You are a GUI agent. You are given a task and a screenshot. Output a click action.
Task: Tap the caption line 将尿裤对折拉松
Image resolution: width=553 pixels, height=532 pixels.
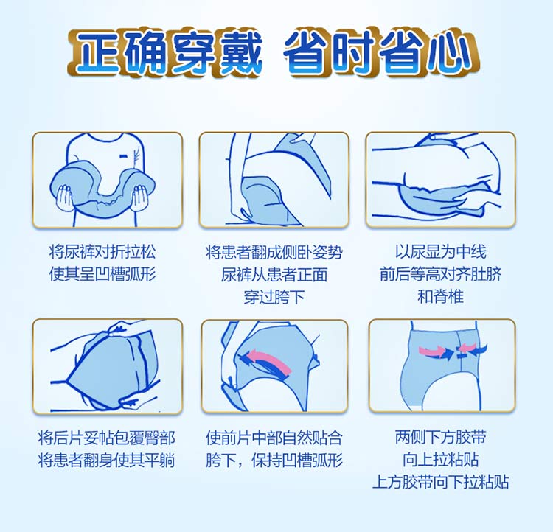pos(102,252)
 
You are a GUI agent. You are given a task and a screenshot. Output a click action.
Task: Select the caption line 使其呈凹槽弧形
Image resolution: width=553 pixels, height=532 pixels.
pos(102,274)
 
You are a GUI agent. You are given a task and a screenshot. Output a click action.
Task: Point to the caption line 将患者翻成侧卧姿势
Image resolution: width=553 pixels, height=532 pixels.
pos(274,252)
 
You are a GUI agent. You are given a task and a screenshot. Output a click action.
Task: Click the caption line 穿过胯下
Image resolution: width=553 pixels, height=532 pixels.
pos(274,296)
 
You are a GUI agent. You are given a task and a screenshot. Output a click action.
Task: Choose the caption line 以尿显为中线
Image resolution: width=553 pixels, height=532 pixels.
pos(441,252)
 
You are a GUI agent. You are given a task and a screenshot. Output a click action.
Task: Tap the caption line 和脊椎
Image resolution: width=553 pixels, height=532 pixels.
pos(441,296)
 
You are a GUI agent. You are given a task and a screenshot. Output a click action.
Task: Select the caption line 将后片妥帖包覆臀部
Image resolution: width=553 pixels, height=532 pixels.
pos(106,438)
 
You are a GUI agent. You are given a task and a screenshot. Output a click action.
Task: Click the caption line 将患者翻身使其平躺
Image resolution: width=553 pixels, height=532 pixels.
pos(106,461)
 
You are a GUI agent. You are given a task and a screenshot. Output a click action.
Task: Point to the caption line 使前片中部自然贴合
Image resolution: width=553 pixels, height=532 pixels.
pos(274,438)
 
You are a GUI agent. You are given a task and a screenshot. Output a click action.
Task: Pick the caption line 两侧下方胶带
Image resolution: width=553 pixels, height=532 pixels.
pos(441,438)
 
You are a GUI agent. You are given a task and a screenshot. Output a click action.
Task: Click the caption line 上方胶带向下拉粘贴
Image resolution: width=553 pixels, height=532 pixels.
pos(441,482)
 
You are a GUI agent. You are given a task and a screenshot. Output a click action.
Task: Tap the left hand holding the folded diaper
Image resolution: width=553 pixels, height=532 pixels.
pos(65,198)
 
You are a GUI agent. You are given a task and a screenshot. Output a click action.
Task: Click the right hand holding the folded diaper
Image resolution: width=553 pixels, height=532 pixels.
pos(139,198)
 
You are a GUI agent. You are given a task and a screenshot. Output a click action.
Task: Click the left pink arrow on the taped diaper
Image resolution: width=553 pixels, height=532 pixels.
pos(431,351)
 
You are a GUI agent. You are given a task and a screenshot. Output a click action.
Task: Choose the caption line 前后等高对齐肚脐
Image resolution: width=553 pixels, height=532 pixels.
pos(441,274)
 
